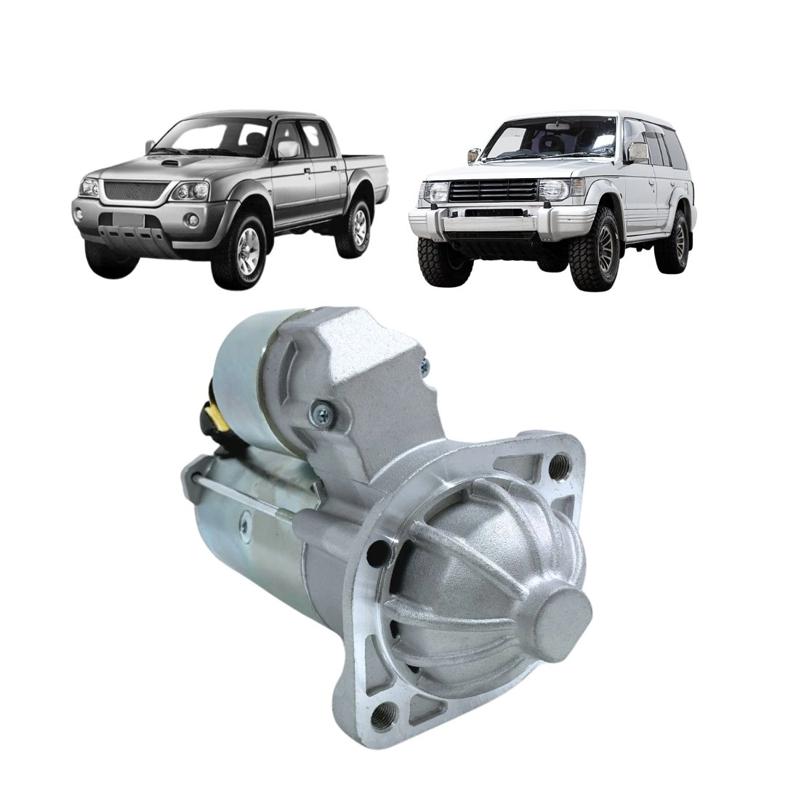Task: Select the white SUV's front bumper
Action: pos(494,222)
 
